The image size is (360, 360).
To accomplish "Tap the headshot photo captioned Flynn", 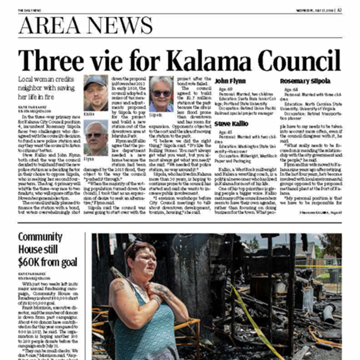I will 96,136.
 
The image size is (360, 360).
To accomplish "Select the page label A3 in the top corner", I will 340,9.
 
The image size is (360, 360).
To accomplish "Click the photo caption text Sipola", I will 155,116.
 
